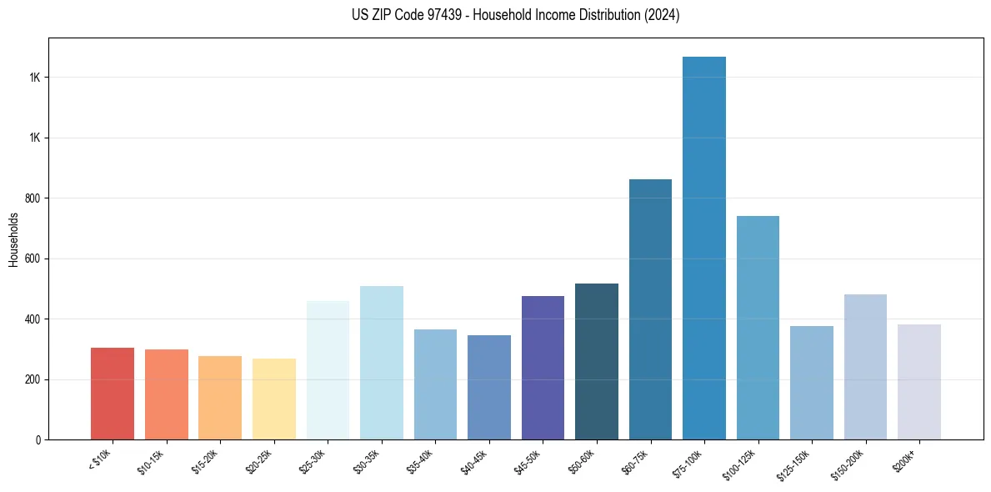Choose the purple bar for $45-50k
(543, 368)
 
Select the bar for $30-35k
(382, 363)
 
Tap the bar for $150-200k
(865, 367)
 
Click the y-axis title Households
(13, 239)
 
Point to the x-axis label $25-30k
(313, 461)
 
